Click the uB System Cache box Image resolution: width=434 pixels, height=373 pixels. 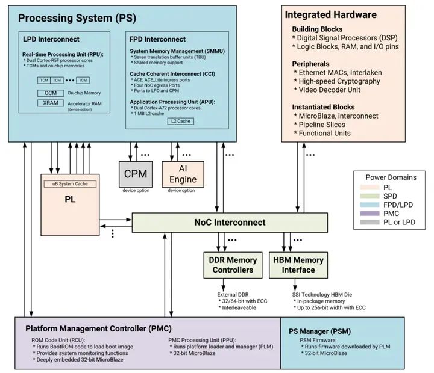70,183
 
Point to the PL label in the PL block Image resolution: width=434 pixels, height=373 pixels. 69,198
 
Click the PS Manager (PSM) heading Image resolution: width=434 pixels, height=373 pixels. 318,331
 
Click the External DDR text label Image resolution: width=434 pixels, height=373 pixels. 233,294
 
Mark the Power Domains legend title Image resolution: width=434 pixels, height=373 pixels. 391,177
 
